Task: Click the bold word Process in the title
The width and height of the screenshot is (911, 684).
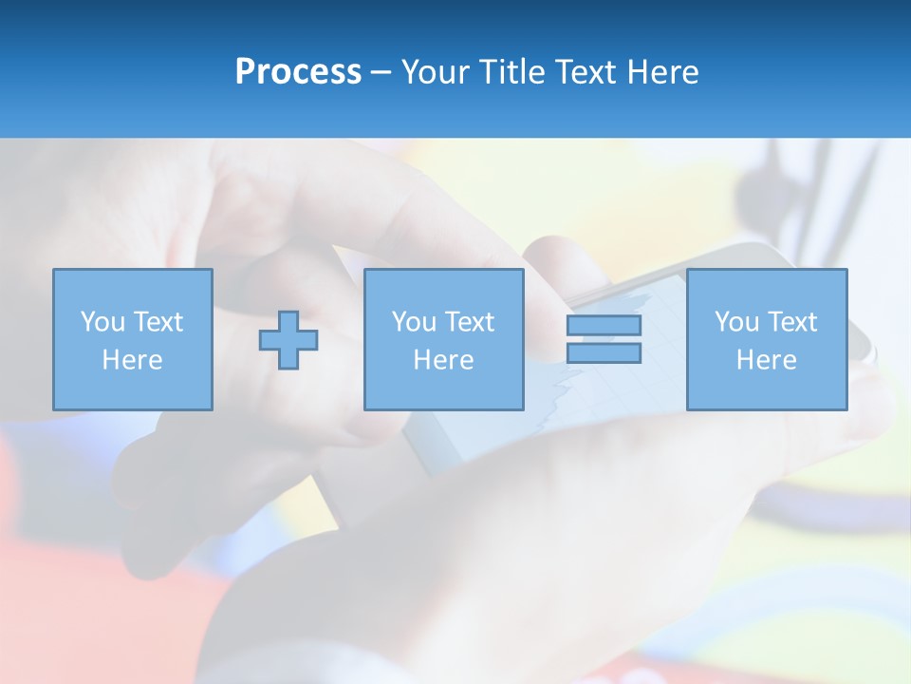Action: click(x=298, y=72)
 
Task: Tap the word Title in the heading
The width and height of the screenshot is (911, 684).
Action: click(x=512, y=72)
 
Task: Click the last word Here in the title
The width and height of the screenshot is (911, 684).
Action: click(x=664, y=72)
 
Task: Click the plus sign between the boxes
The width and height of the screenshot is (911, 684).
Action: click(x=288, y=340)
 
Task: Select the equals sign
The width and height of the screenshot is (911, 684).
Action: click(x=604, y=339)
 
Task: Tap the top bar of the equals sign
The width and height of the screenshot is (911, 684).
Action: click(x=604, y=325)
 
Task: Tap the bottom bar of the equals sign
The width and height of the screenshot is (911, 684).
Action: click(x=604, y=352)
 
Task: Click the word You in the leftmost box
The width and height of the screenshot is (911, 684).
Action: click(x=102, y=322)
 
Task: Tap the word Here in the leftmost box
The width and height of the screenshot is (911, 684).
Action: click(x=133, y=360)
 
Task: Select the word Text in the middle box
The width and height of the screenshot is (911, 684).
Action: click(x=469, y=322)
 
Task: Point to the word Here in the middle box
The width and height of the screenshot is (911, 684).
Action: click(x=444, y=360)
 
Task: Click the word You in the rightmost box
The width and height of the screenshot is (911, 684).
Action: click(x=736, y=322)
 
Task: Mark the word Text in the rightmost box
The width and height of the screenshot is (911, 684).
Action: click(x=791, y=322)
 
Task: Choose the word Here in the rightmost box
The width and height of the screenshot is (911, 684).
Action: click(x=767, y=360)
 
